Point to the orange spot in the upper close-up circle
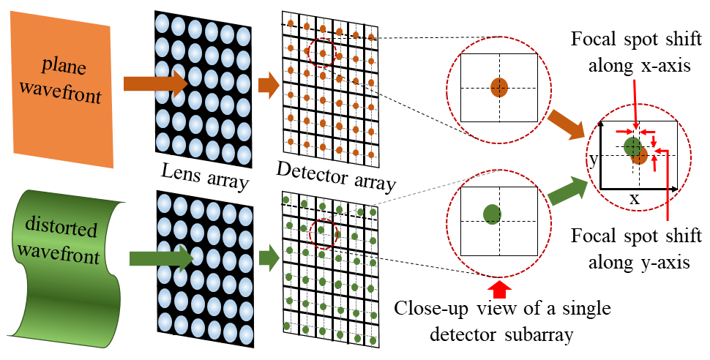(x=499, y=87)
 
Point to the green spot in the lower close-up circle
(x=492, y=214)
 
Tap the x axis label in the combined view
(x=635, y=198)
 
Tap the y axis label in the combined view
(x=594, y=158)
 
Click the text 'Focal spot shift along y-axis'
(x=633, y=249)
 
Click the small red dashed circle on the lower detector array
(x=323, y=233)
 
